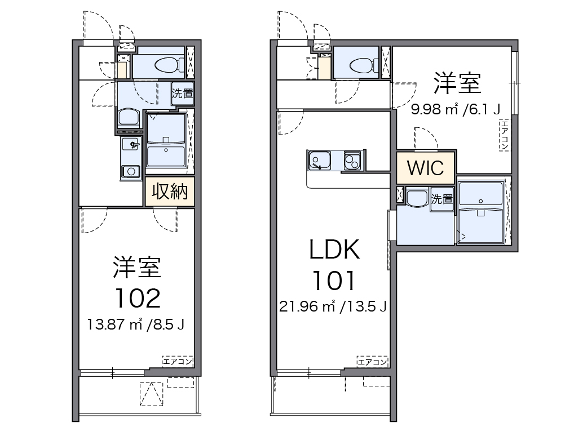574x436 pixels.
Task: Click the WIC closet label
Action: (425, 168)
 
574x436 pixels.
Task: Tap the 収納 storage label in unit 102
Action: (170, 192)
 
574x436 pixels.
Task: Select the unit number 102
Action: (138, 299)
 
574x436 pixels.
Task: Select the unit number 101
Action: (333, 281)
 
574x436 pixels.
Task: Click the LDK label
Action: (334, 249)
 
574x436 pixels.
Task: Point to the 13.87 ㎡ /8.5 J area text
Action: (135, 324)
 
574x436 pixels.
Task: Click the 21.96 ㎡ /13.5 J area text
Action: (333, 306)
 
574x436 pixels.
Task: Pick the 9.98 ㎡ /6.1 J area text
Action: (456, 109)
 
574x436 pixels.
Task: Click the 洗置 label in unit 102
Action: (183, 94)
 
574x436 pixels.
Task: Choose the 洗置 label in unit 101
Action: (442, 199)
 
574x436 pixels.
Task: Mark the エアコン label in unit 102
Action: (178, 362)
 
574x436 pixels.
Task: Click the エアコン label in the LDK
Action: (372, 362)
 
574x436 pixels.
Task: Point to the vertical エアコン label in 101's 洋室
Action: (505, 135)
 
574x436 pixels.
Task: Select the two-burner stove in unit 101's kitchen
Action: (352, 161)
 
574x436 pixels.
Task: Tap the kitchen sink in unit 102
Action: (131, 144)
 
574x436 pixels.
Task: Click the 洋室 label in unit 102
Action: (137, 268)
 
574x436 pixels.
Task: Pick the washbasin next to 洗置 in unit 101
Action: (417, 198)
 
